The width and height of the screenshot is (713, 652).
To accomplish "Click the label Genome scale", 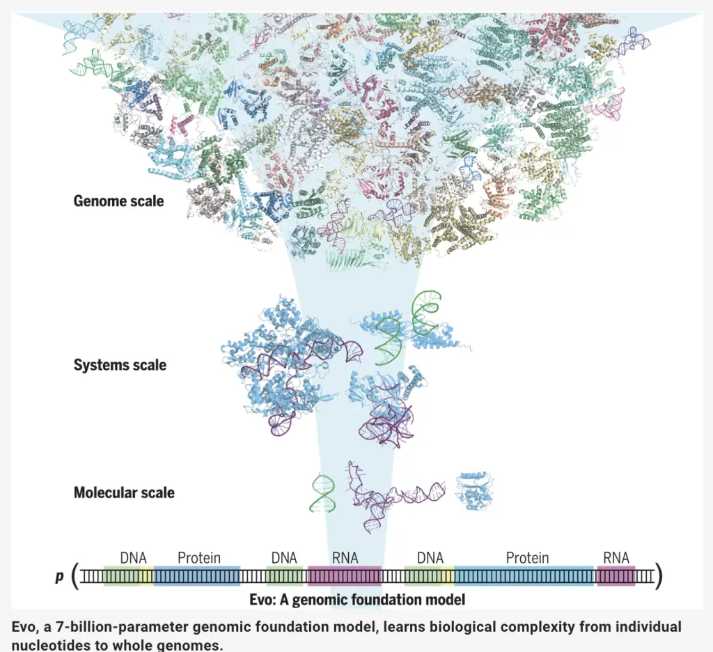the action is [118, 201].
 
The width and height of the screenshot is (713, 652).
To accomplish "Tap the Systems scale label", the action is [120, 365].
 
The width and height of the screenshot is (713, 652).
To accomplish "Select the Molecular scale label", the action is [124, 492].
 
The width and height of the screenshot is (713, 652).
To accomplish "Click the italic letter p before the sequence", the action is [60, 577].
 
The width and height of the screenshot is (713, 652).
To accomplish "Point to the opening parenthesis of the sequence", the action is [75, 576].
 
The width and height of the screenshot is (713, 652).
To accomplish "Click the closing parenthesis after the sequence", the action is [659, 576].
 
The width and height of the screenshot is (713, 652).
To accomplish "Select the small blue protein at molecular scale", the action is [475, 492].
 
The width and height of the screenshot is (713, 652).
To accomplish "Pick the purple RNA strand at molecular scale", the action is [391, 496].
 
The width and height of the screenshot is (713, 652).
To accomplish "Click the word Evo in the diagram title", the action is [262, 600].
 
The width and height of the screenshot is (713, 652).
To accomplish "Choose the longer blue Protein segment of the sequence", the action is [524, 576].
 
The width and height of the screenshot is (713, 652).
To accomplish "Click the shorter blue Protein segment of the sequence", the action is [197, 576].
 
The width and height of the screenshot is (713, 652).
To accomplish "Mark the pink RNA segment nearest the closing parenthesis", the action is [616, 576].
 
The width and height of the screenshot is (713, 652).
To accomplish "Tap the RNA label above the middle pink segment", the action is [345, 558].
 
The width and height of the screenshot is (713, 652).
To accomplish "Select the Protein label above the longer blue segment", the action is [528, 558].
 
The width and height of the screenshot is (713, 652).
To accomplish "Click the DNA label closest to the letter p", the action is [133, 558].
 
